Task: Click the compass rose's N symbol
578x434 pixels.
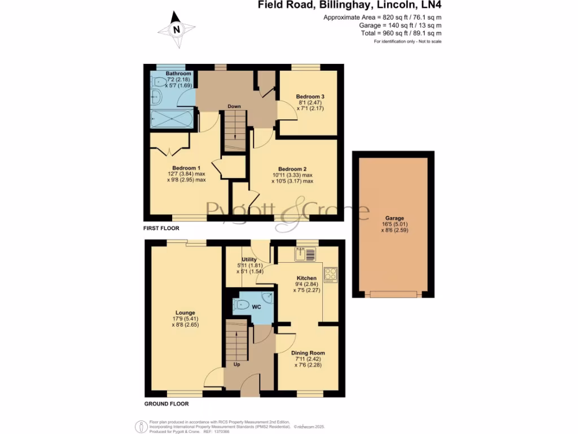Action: tap(177, 30)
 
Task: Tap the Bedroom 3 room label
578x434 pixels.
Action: tap(310, 97)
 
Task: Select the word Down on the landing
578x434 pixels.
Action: tap(234, 106)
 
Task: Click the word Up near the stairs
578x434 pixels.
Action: tap(237, 364)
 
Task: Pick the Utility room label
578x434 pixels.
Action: tap(249, 259)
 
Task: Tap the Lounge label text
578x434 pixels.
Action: tap(185, 313)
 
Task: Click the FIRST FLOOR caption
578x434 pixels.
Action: tap(161, 228)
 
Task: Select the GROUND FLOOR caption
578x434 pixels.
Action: tap(166, 404)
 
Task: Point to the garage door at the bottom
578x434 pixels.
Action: tap(394, 294)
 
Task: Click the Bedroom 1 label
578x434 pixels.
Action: tap(186, 168)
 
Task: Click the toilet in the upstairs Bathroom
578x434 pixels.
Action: tap(157, 83)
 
